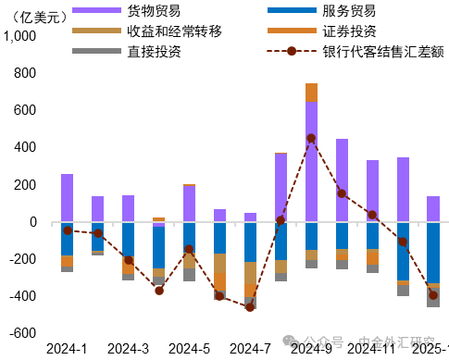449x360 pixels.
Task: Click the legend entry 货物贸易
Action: pyautogui.click(x=148, y=12)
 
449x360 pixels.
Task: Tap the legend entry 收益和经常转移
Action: pyautogui.click(x=173, y=31)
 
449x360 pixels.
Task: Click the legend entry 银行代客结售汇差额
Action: pyautogui.click(x=364, y=51)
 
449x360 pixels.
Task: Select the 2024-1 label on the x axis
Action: pyautogui.click(x=67, y=348)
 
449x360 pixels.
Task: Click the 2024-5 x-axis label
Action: pyautogui.click(x=189, y=348)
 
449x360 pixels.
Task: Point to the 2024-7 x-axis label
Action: pyautogui.click(x=250, y=348)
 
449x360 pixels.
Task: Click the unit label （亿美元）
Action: pyautogui.click(x=36, y=14)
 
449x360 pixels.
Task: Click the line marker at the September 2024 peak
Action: pyautogui.click(x=311, y=138)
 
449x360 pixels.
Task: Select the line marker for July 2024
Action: pyautogui.click(x=250, y=307)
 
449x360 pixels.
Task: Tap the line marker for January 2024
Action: pyautogui.click(x=67, y=230)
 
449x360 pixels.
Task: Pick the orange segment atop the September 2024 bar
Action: pyautogui.click(x=311, y=92)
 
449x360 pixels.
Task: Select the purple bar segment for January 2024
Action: pyautogui.click(x=67, y=197)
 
